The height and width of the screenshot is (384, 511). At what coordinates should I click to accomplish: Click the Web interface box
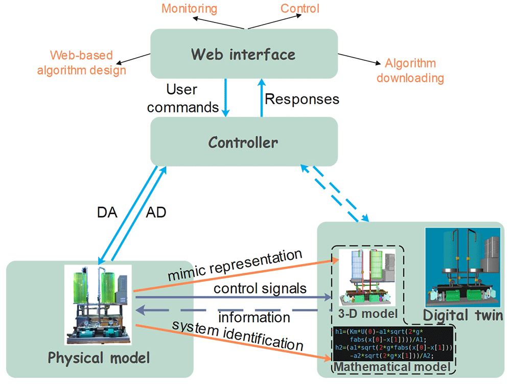pyautogui.click(x=244, y=54)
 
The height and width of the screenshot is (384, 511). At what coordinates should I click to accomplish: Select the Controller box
pyautogui.click(x=244, y=141)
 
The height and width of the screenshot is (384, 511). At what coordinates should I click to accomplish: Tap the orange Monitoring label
pyautogui.click(x=189, y=9)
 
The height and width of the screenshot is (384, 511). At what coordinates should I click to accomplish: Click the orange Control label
pyautogui.click(x=300, y=9)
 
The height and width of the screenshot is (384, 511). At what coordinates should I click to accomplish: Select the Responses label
pyautogui.click(x=302, y=99)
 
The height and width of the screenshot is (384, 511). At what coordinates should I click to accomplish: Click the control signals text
pyautogui.click(x=260, y=289)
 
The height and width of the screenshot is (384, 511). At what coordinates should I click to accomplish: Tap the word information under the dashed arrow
pyautogui.click(x=254, y=317)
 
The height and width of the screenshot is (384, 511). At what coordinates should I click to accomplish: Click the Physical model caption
pyautogui.click(x=99, y=357)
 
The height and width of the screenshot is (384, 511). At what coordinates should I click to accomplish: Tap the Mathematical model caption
pyautogui.click(x=391, y=367)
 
